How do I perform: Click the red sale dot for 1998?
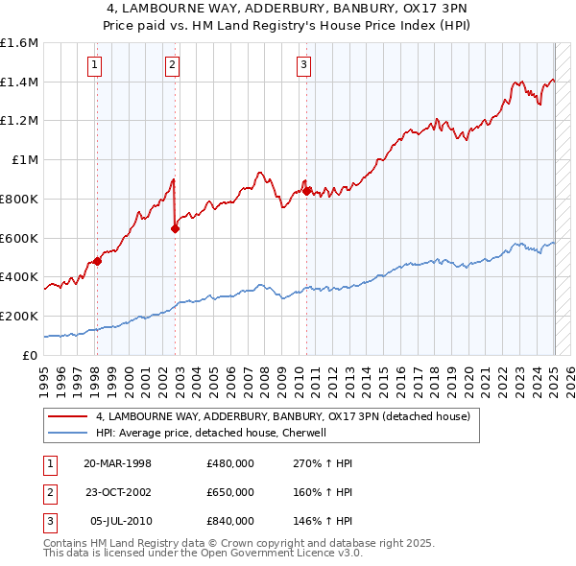[97, 261]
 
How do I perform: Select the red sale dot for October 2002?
[176, 228]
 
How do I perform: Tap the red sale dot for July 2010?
[306, 191]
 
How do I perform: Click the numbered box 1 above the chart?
[96, 65]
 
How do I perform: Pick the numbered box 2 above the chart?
[172, 65]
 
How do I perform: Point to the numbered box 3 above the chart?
[303, 65]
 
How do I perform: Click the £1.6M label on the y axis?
[19, 43]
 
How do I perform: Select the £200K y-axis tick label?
[19, 316]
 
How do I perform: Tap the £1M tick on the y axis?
[23, 160]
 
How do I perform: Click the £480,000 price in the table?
[230, 463]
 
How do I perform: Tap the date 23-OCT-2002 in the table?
[118, 492]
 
